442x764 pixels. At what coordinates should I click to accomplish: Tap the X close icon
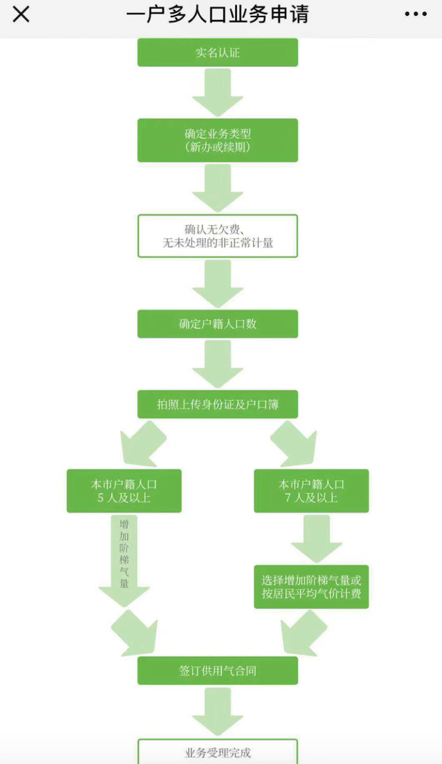coord(21,15)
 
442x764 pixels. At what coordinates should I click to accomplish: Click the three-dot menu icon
coord(415,15)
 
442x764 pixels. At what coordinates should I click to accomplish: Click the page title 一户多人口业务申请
coord(217,15)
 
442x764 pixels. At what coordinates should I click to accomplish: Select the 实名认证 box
coord(217,52)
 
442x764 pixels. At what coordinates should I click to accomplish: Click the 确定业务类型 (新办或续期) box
coord(217,140)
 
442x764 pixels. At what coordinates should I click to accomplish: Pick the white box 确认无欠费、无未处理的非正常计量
coord(217,236)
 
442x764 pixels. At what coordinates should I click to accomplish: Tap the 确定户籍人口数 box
coord(217,324)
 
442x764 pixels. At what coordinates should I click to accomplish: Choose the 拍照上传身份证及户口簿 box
coord(217,404)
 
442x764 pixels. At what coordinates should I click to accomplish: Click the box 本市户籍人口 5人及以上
coord(124,491)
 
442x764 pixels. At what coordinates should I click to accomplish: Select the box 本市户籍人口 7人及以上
coord(311,491)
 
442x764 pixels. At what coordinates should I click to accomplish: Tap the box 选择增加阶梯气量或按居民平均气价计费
coord(311,587)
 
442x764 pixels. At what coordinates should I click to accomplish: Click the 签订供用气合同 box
coord(217,670)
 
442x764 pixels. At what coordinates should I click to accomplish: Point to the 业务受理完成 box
coord(217,752)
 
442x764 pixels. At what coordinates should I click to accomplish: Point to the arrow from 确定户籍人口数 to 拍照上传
coord(217,364)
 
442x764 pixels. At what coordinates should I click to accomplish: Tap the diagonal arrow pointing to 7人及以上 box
coord(293,442)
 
